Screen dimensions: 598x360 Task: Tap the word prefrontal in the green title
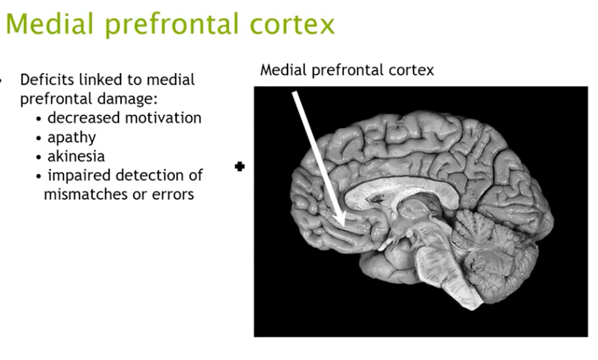click(x=166, y=25)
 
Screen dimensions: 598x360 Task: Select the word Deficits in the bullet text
click(x=46, y=79)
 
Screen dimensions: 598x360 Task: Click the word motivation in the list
click(x=164, y=118)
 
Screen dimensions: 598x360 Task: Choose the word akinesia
click(x=76, y=156)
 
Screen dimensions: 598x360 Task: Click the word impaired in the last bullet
click(x=77, y=175)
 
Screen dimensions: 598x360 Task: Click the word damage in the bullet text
click(x=128, y=99)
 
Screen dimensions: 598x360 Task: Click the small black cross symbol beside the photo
click(x=240, y=166)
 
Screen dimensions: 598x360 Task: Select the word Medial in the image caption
click(x=281, y=70)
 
